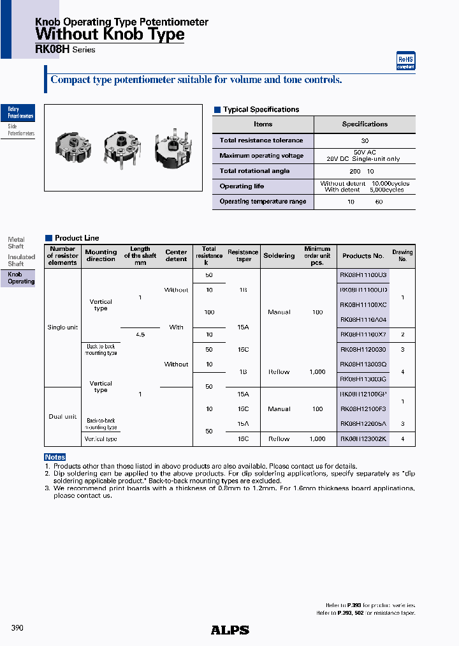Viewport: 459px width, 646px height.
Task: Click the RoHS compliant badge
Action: click(x=405, y=61)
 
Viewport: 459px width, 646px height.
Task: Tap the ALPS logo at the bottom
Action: click(x=229, y=630)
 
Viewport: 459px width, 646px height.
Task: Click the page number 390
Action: click(x=17, y=628)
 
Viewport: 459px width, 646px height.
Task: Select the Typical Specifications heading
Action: click(x=260, y=110)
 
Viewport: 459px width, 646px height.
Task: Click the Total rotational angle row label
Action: click(x=254, y=171)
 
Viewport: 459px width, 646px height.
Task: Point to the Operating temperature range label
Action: click(x=263, y=202)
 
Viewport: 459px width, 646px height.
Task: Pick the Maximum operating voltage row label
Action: click(x=261, y=156)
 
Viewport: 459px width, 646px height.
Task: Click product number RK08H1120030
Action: click(x=363, y=350)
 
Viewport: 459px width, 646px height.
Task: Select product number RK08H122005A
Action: click(x=363, y=424)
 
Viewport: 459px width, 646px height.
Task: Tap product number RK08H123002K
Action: click(x=363, y=439)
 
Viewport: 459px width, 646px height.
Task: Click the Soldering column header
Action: click(x=279, y=256)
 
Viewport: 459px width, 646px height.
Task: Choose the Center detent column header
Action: click(x=176, y=256)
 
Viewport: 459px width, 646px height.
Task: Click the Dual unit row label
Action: click(x=62, y=417)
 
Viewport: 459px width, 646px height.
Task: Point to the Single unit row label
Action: click(x=62, y=327)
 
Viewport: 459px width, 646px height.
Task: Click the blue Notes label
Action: click(x=55, y=457)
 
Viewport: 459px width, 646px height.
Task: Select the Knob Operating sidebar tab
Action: click(x=20, y=278)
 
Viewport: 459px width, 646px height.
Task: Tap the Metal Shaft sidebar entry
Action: click(x=16, y=243)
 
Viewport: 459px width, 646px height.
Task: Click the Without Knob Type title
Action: click(x=110, y=34)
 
